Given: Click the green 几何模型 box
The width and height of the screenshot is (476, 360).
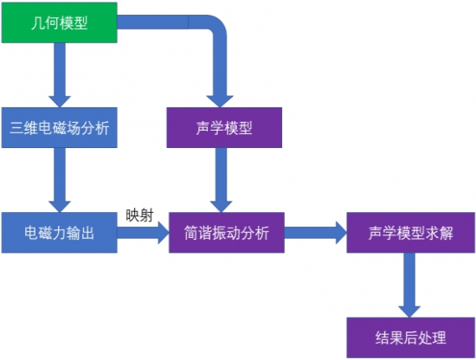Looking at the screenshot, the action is (59, 22).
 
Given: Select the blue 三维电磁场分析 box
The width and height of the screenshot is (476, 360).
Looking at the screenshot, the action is (59, 127).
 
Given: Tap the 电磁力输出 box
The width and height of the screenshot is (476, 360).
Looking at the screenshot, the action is (59, 233).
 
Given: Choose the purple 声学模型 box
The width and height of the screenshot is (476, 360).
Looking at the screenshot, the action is (224, 127).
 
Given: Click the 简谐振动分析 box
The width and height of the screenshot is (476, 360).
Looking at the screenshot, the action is (227, 233).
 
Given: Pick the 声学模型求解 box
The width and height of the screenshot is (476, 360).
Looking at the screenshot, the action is (411, 233).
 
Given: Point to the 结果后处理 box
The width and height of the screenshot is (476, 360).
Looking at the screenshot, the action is (411, 337).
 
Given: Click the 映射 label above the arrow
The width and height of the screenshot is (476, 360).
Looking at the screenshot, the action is (139, 215).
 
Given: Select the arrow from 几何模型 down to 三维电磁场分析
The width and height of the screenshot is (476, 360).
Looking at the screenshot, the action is (60, 75).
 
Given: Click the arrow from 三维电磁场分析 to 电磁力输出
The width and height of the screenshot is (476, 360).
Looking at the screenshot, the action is (60, 180).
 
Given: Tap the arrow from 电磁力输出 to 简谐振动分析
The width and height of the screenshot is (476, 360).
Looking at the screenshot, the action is (143, 233).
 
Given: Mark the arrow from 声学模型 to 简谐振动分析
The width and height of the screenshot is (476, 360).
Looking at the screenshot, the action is (222, 180).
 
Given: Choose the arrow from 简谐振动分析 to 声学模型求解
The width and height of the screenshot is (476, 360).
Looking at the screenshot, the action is (316, 233).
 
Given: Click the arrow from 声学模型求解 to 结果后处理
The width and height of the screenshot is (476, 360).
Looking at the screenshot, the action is (409, 285).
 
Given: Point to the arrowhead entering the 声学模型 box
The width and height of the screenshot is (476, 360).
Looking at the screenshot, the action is (220, 101).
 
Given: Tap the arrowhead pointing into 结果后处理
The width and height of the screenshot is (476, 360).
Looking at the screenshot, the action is (409, 312).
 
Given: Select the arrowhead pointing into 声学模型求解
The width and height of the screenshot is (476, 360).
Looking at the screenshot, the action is (341, 233).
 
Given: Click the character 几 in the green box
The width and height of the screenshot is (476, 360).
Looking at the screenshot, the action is (37, 22).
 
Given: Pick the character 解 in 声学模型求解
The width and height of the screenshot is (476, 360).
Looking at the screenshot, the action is (447, 233).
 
